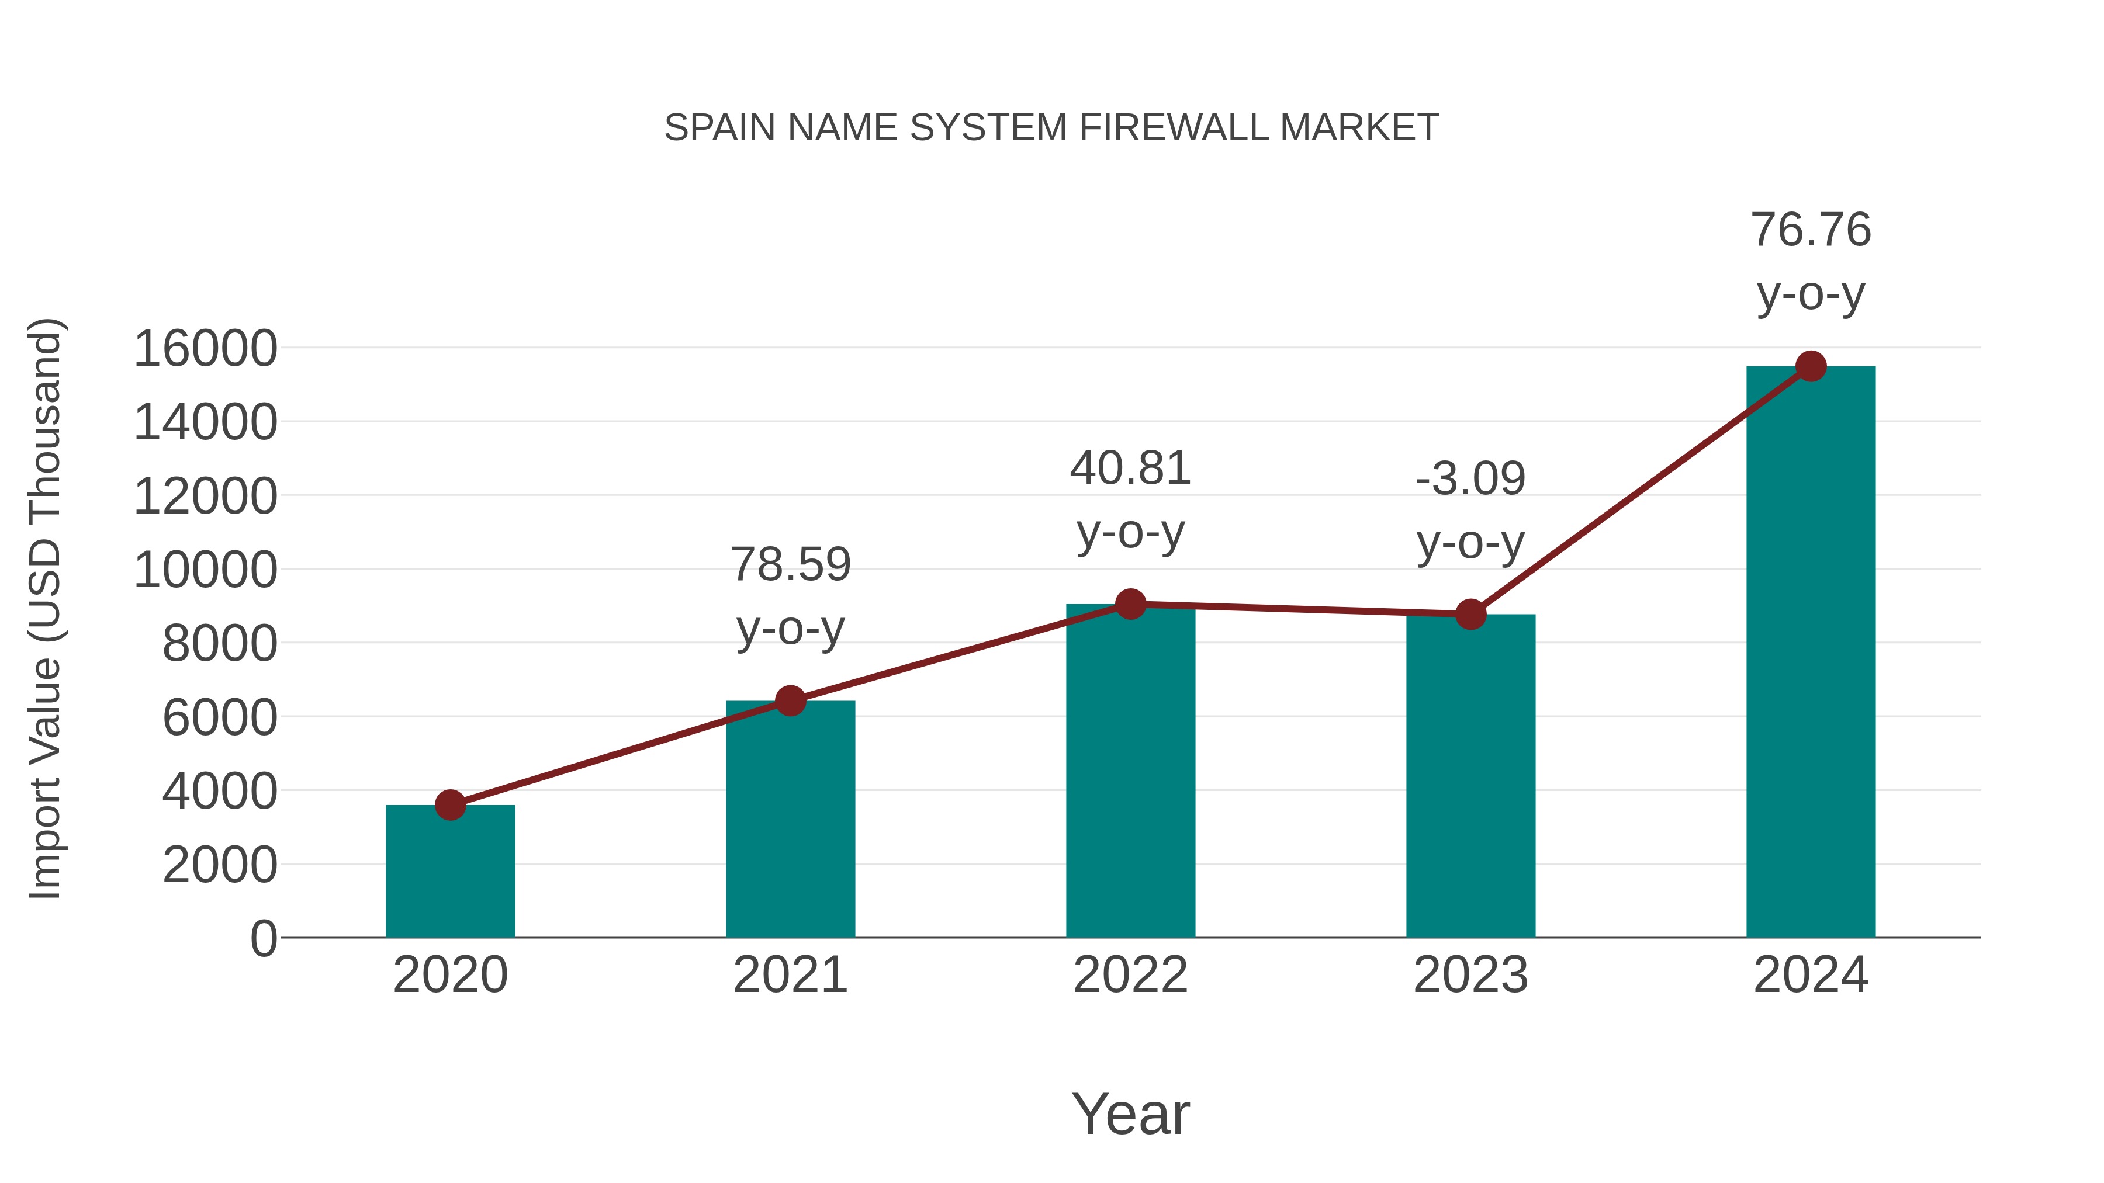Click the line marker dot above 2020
coord(450,805)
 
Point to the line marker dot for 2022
coord(1130,604)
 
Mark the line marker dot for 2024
coord(1811,366)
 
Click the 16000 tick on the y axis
coord(205,349)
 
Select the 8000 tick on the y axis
coord(220,644)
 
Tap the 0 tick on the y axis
coord(263,939)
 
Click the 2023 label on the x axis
coord(1470,975)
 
